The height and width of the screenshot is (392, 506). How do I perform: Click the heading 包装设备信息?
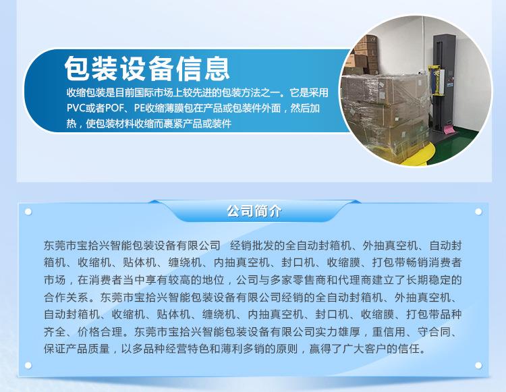pos(147,68)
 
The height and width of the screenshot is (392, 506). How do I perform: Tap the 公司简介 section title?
pos(254,211)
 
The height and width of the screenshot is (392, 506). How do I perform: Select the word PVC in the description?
pos(76,108)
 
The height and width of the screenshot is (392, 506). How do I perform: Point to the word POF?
pos(115,108)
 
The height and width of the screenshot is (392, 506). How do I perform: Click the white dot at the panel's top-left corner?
pos(28,212)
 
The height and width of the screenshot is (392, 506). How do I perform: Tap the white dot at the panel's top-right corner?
pos(478,212)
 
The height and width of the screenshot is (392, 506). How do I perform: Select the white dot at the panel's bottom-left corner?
pos(28,365)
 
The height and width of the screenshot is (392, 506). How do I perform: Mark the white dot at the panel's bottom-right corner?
pos(478,365)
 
